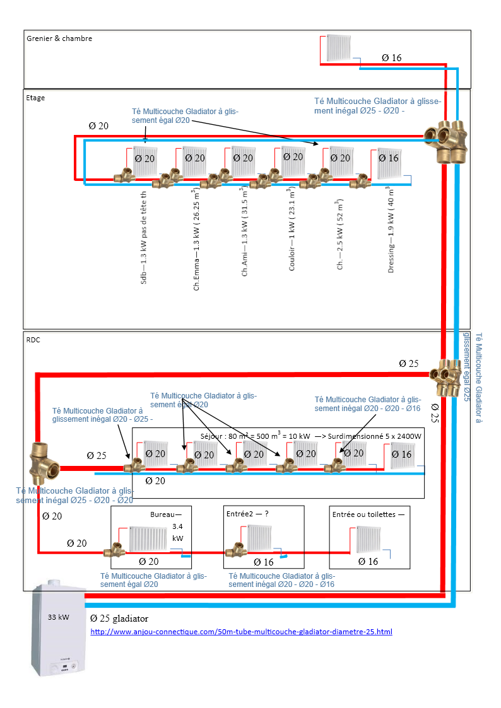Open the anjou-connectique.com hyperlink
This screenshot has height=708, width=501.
(242, 631)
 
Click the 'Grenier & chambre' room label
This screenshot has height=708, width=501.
(59, 38)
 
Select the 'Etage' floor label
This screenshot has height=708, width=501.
(35, 98)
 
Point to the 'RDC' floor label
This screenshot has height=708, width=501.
(33, 339)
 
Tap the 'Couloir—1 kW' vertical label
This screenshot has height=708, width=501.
(292, 229)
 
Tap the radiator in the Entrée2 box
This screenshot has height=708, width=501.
(260, 537)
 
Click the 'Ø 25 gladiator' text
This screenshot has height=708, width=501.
(119, 618)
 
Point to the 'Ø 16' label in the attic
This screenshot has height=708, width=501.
(391, 58)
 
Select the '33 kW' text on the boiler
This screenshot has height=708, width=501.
(58, 617)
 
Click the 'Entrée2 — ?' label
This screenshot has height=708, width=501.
(247, 514)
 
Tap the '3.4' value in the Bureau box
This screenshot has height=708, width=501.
(177, 526)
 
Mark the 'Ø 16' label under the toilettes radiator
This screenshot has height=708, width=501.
(368, 561)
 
